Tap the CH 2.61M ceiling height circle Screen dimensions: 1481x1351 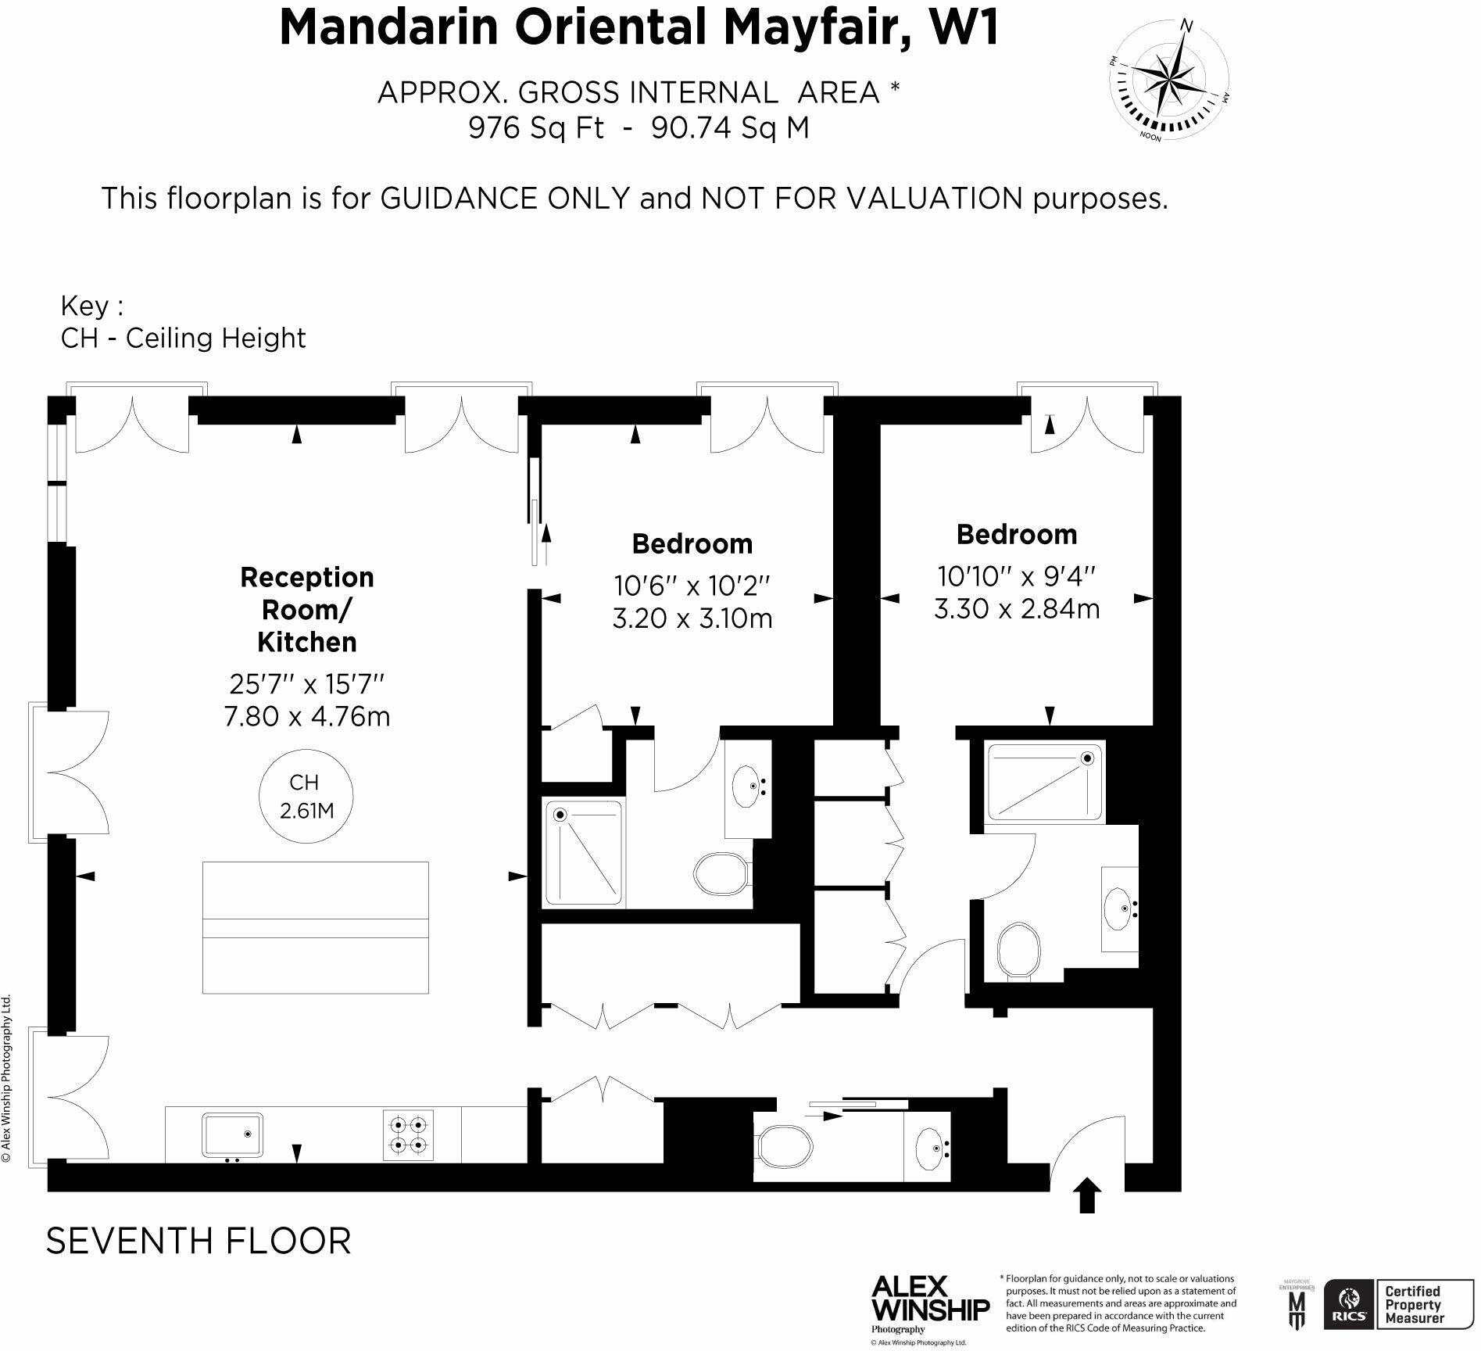click(306, 797)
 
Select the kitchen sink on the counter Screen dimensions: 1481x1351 click(232, 1134)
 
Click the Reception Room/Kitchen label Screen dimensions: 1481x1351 click(306, 609)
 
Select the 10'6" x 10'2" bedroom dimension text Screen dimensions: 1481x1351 click(692, 585)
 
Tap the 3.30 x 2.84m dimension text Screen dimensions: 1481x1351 click(1016, 608)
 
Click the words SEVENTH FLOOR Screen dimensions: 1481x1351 click(199, 1242)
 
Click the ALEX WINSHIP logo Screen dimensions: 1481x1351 click(930, 1300)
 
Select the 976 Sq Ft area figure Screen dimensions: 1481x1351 click(536, 127)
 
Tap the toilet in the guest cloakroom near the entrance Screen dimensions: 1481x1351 click(784, 1145)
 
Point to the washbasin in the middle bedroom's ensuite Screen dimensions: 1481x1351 click(748, 788)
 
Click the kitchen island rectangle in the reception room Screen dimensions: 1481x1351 click(315, 927)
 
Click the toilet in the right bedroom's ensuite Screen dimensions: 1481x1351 click(1019, 951)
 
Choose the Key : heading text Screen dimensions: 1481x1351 click(91, 306)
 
